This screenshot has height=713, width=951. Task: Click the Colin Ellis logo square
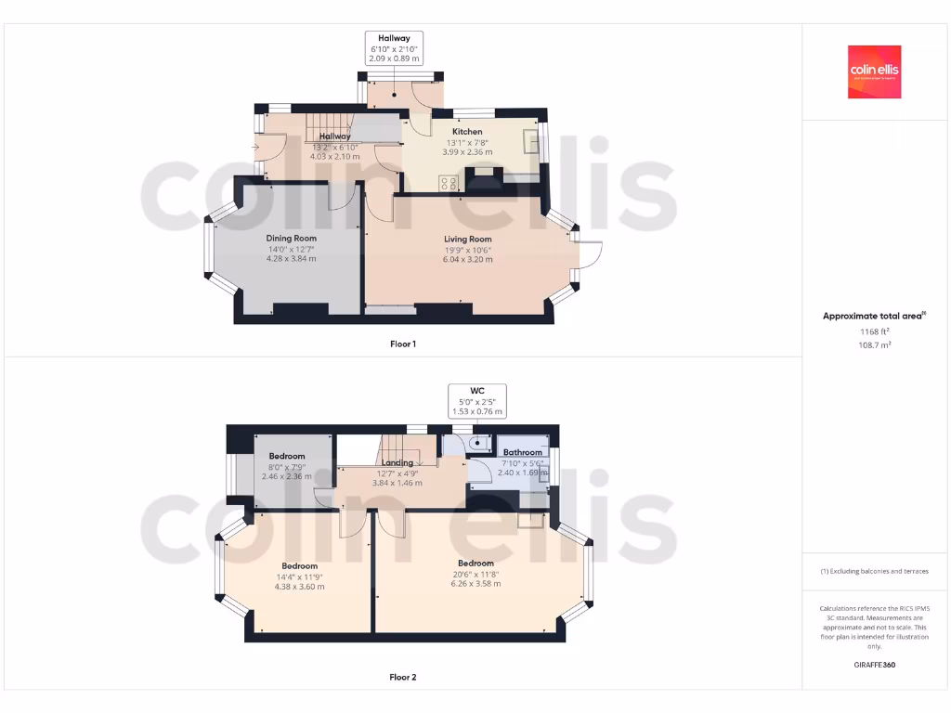coord(874,72)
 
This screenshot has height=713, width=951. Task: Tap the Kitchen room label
coord(467,132)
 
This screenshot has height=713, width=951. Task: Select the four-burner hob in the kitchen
coord(449,183)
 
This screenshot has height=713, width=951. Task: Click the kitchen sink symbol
coord(533,141)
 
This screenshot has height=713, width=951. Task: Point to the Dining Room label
coord(292,239)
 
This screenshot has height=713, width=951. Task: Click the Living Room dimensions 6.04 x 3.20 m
coord(468,260)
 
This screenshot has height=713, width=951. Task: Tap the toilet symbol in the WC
coord(477,443)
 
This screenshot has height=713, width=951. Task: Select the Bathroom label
coord(523,453)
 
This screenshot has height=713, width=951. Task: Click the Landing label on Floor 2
coord(397,462)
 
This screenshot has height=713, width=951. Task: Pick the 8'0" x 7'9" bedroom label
coord(287,466)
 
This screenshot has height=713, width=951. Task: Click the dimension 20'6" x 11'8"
coord(475,574)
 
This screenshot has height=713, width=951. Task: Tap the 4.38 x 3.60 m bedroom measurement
coord(299,587)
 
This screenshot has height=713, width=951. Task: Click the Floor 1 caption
coord(402,344)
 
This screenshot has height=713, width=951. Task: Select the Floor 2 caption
coord(402,678)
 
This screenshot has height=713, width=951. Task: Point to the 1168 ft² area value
coord(874,331)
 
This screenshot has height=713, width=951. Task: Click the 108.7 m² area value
coord(874,344)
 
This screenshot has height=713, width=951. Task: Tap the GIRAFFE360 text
coord(874,665)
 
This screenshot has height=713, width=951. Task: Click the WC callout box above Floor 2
coord(476,401)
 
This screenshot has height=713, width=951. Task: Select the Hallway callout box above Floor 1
coord(394,48)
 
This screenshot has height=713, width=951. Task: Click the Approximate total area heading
coord(873,317)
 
